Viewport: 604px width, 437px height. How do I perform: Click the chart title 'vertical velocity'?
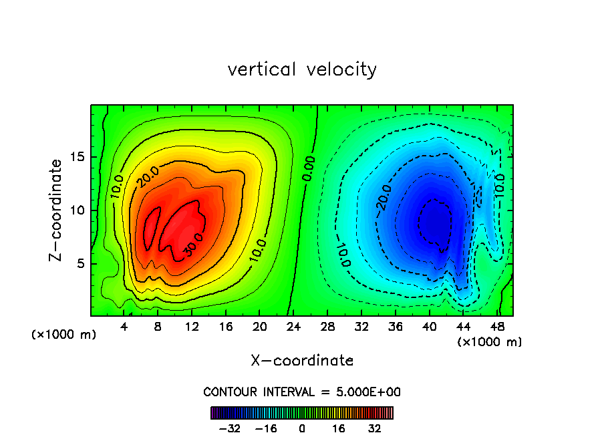tap(302, 69)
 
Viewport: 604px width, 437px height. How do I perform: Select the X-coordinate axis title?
tap(302, 361)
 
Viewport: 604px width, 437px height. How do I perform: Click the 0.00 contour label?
tap(308, 170)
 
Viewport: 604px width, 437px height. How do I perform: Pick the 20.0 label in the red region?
tap(148, 177)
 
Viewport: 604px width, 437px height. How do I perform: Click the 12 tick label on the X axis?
tap(191, 327)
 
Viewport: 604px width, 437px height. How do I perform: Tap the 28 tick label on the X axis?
tap(327, 327)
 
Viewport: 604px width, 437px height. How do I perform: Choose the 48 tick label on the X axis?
tap(497, 327)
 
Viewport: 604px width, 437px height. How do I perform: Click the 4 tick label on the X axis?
tap(124, 327)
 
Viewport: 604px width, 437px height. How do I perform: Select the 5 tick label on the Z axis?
tap(82, 263)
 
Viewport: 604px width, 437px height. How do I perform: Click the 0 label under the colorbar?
tap(302, 428)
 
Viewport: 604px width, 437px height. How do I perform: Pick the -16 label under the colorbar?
tap(266, 428)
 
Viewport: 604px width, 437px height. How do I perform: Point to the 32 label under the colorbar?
tap(374, 428)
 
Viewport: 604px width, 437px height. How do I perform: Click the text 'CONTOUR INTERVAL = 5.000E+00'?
tap(302, 392)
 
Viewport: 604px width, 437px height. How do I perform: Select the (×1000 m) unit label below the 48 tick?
tap(490, 342)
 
